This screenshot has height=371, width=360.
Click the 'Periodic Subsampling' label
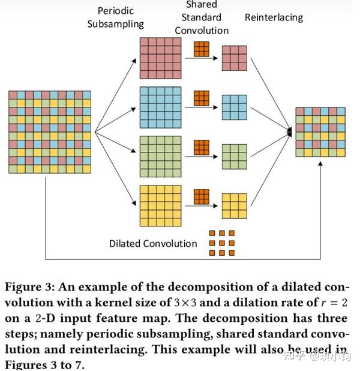tap(116, 17)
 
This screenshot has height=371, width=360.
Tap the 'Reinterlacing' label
tap(274, 17)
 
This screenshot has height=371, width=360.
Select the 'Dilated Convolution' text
tap(153, 244)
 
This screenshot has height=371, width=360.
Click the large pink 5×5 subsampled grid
tap(161, 58)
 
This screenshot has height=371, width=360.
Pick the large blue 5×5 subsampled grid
tap(161, 107)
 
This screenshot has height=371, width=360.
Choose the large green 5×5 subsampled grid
tap(161, 157)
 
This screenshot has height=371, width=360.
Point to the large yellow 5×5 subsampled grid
tap(161, 206)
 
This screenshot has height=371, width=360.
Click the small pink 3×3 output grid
tap(235, 58)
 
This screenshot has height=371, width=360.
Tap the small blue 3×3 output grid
tap(235, 107)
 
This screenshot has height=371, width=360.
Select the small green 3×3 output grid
tap(235, 157)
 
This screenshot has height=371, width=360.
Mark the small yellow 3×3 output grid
tap(235, 206)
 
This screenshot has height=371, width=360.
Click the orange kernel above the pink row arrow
tap(202, 49)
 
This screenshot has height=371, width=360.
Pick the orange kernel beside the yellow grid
tap(202, 197)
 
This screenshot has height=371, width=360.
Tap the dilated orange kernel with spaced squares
tap(222, 243)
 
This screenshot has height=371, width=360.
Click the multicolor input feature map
tap(50, 132)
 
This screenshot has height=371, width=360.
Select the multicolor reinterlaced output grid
tap(320, 132)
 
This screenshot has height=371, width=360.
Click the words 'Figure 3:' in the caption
tap(30, 287)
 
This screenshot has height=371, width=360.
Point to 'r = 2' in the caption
tap(334, 303)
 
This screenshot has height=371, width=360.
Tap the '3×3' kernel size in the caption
tap(185, 303)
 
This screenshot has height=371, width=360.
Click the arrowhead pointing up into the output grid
tap(320, 164)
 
